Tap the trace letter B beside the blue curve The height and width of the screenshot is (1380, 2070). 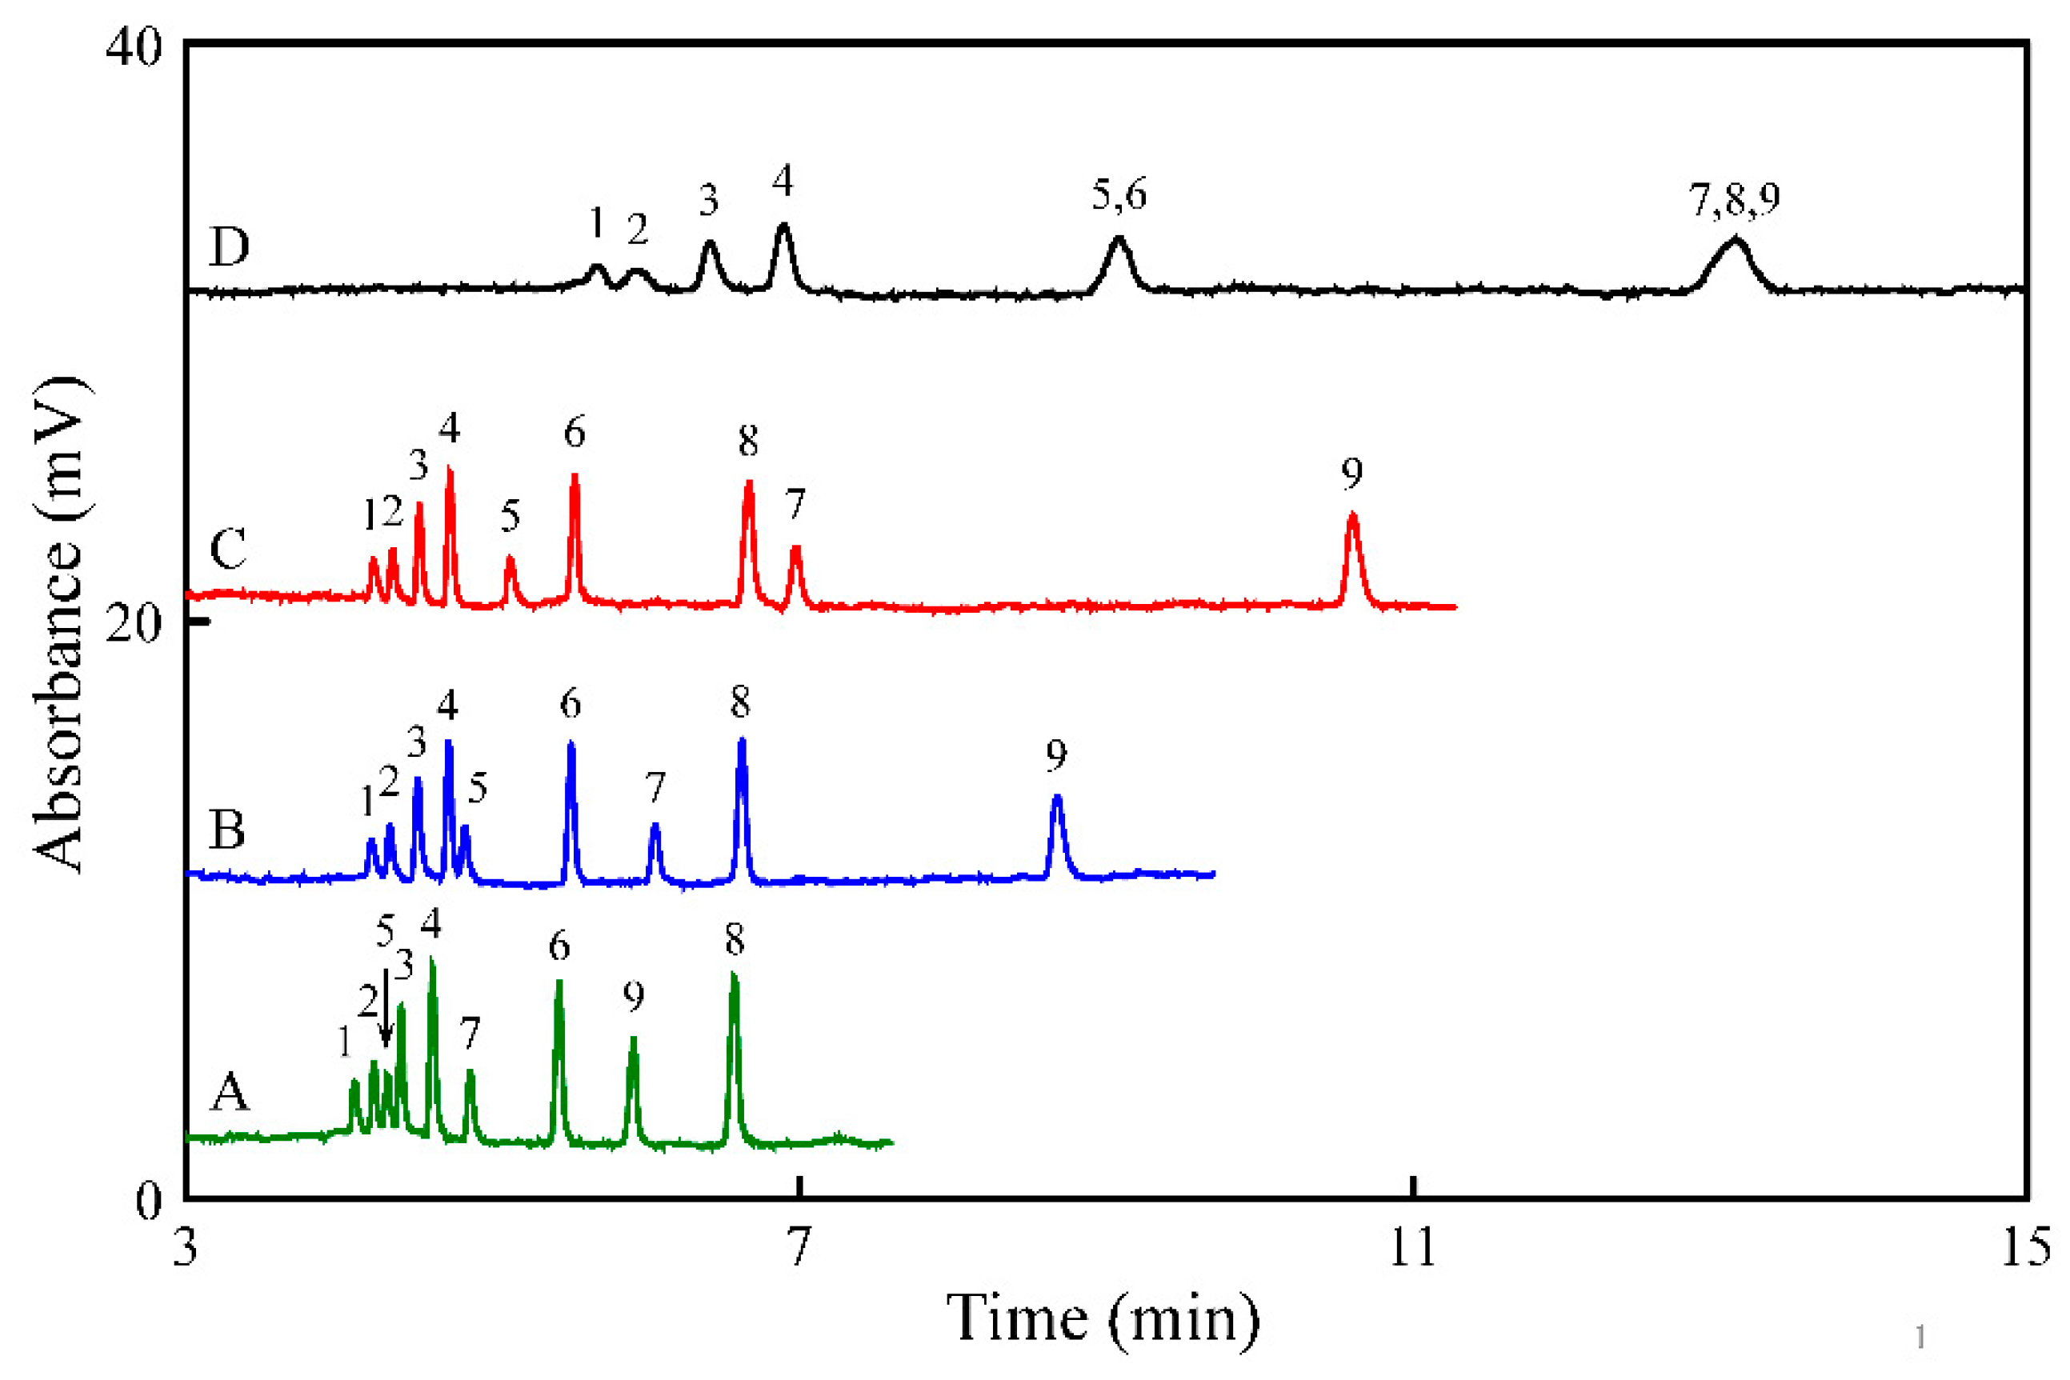227,829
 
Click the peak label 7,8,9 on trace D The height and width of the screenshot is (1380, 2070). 1735,199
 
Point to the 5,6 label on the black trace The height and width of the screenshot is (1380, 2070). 1119,194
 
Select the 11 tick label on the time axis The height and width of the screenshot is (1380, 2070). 1411,1249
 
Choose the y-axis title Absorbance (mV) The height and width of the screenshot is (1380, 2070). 59,624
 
